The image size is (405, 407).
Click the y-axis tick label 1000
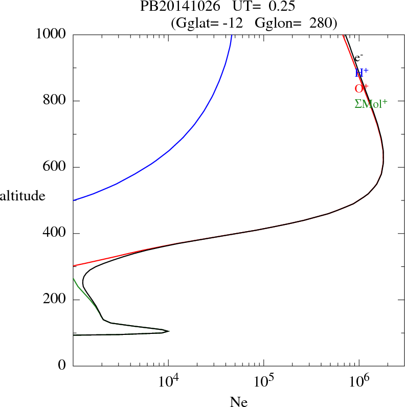[x=52, y=34]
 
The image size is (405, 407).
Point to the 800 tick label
[x=55, y=101]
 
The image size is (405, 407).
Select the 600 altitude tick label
[x=55, y=167]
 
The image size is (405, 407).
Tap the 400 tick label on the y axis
[x=55, y=234]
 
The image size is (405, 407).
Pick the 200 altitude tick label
[x=55, y=300]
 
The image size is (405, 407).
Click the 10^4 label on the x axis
[x=168, y=382]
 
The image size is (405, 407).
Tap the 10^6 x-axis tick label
[x=359, y=382]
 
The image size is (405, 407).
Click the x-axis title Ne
[x=238, y=402]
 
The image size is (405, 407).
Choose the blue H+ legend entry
[x=362, y=73]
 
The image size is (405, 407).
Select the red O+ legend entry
[x=362, y=88]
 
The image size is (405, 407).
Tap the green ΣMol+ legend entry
[x=371, y=103]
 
